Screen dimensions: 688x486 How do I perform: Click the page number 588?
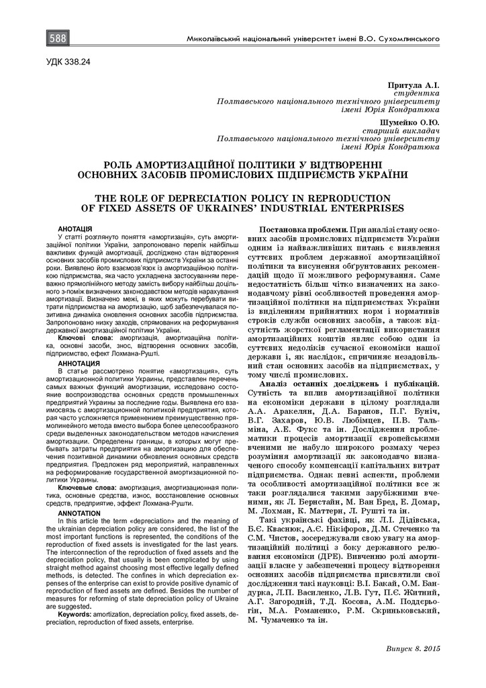coord(57,39)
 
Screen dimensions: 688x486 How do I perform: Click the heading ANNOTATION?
coord(79,513)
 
